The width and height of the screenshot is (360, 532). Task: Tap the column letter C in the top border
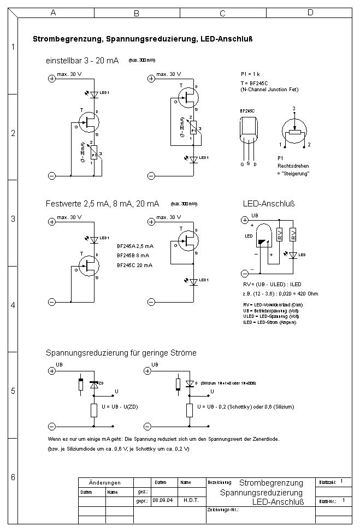(222, 13)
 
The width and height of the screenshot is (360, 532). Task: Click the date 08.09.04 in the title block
(159, 500)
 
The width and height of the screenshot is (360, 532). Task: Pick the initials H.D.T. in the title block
(191, 500)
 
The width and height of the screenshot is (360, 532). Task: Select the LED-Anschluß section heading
(268, 204)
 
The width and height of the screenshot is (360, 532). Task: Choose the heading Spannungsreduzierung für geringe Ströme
(121, 353)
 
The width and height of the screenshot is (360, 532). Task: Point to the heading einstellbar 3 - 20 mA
(82, 60)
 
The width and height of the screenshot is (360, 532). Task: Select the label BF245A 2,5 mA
(135, 246)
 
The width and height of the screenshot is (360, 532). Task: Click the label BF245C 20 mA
(134, 265)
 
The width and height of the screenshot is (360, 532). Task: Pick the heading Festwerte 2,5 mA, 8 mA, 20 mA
(102, 204)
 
